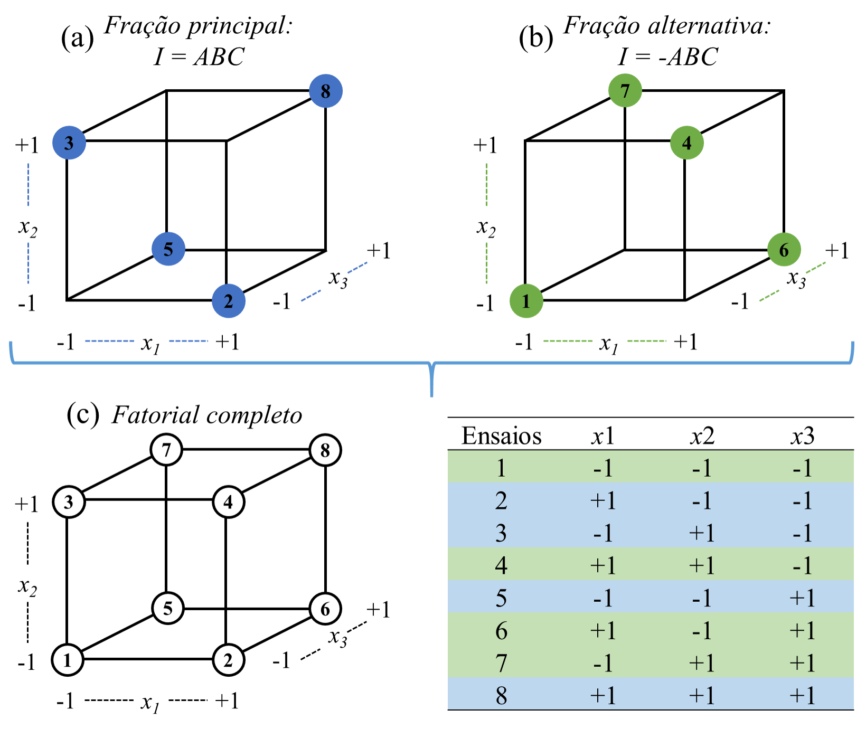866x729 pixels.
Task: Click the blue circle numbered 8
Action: (326, 91)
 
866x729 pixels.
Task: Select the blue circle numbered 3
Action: (69, 143)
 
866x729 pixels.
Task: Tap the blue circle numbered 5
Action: (168, 249)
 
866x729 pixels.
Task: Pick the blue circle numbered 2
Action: (229, 301)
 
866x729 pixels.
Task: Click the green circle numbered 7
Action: (625, 91)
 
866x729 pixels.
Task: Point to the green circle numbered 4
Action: (687, 143)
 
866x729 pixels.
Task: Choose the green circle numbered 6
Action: (784, 250)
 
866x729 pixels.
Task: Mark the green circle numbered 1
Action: (526, 301)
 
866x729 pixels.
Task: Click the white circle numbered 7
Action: (166, 450)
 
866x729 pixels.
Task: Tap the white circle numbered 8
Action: (325, 450)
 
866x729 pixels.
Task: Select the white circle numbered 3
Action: (69, 502)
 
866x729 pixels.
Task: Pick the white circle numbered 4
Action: (229, 502)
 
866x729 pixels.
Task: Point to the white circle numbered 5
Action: (168, 608)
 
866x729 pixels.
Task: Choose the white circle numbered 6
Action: (325, 609)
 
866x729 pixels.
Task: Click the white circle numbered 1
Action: (68, 660)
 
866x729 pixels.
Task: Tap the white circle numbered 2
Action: (229, 660)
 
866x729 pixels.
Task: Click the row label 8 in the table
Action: (501, 695)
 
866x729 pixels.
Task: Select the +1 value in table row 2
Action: (603, 500)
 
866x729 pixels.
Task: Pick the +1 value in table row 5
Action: (802, 598)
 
